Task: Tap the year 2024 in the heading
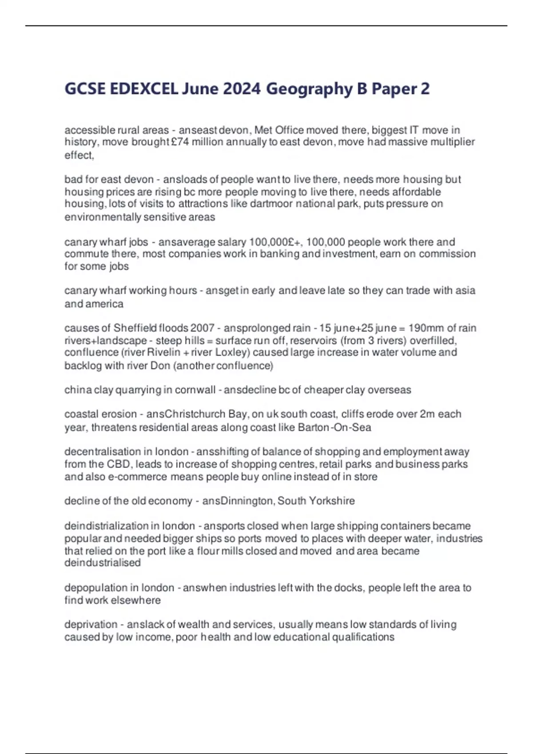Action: click(242, 89)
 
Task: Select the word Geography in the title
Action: click(309, 89)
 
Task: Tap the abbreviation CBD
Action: click(118, 464)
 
